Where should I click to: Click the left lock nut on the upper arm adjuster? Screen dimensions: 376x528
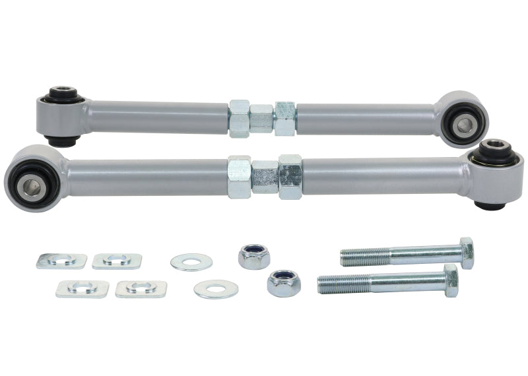tap(239, 119)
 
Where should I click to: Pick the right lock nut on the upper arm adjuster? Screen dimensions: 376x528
tap(285, 119)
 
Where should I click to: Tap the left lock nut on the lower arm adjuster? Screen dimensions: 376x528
tap(239, 177)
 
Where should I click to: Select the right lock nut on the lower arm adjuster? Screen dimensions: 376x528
tap(290, 177)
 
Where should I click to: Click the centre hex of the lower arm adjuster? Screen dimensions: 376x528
tap(265, 177)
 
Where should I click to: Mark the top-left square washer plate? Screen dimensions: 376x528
tap(61, 261)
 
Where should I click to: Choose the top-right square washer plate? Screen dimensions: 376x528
tap(117, 261)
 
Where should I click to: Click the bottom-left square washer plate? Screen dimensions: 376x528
tap(82, 288)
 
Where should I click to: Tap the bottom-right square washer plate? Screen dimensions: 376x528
tap(141, 288)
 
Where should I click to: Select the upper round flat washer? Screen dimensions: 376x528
tap(191, 262)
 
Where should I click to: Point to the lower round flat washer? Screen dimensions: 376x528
tap(216, 289)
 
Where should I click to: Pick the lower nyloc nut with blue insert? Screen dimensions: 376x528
tap(284, 283)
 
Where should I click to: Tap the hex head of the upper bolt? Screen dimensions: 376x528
tap(467, 253)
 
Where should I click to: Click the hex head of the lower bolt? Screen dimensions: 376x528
tap(451, 280)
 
